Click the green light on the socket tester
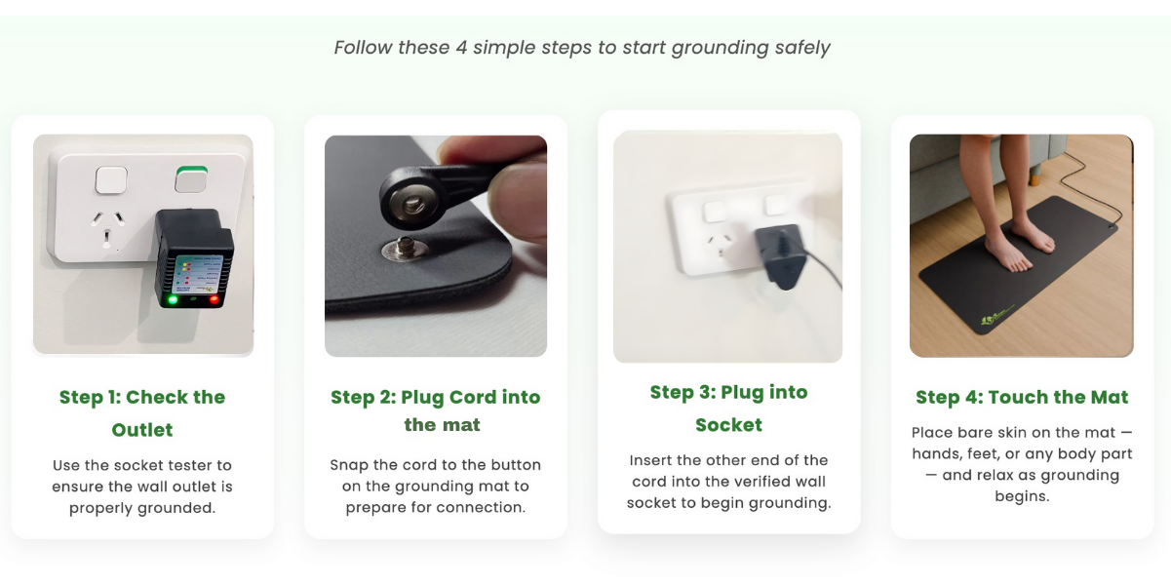(172, 299)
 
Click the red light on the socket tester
(214, 299)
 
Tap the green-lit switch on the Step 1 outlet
(191, 179)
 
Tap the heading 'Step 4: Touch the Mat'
(1022, 398)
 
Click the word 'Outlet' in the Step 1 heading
(142, 430)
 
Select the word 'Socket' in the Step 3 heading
(728, 424)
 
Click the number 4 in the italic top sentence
(461, 48)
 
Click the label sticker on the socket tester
(198, 275)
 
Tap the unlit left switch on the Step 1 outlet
(111, 180)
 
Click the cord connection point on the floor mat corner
(1111, 227)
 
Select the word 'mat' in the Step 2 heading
(463, 425)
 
